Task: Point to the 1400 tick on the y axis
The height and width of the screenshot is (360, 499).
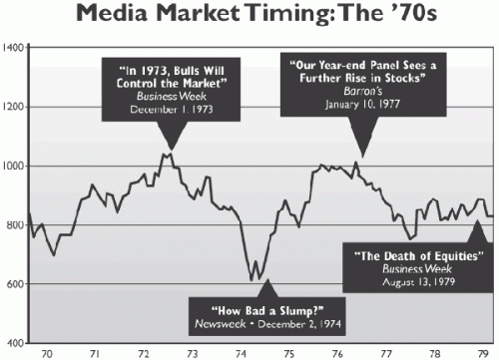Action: point(13,48)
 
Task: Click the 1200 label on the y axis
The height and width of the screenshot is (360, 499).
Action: point(13,107)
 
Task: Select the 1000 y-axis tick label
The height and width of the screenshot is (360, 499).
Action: point(13,166)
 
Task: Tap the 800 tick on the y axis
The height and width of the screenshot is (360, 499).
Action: point(15,225)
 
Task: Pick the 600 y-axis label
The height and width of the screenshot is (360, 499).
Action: point(15,284)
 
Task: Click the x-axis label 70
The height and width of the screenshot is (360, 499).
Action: point(46,353)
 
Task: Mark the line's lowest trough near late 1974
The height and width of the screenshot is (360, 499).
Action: point(254,280)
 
